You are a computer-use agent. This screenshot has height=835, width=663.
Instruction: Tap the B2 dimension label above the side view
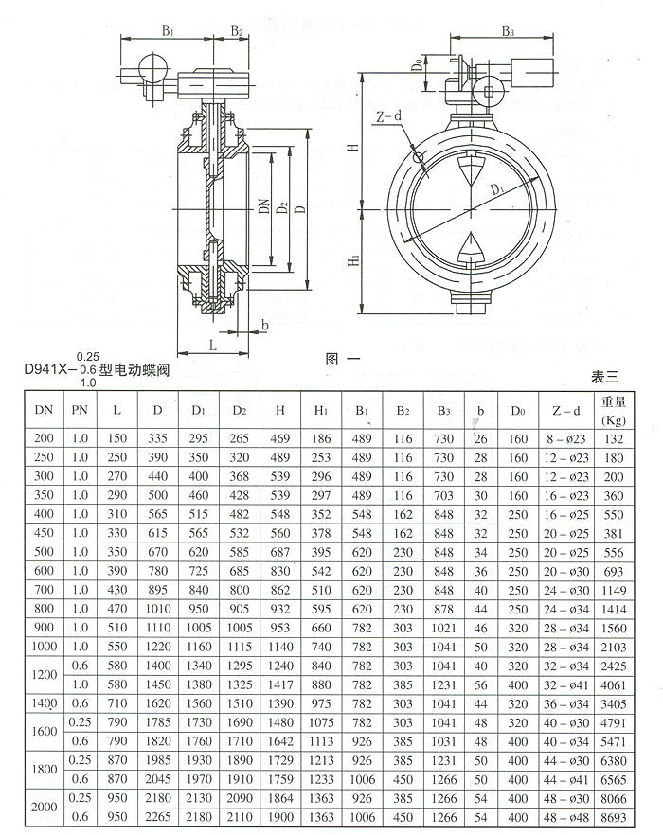[237, 31]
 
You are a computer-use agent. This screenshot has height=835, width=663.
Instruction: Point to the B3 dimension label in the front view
[507, 31]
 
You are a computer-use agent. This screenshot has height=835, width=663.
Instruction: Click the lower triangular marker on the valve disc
[470, 248]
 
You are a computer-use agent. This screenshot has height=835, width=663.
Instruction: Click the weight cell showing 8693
[614, 816]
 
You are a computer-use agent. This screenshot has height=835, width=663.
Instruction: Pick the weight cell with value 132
[614, 438]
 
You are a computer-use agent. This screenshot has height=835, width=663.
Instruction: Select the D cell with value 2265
[156, 816]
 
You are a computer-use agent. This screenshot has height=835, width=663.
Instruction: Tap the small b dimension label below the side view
[264, 325]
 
